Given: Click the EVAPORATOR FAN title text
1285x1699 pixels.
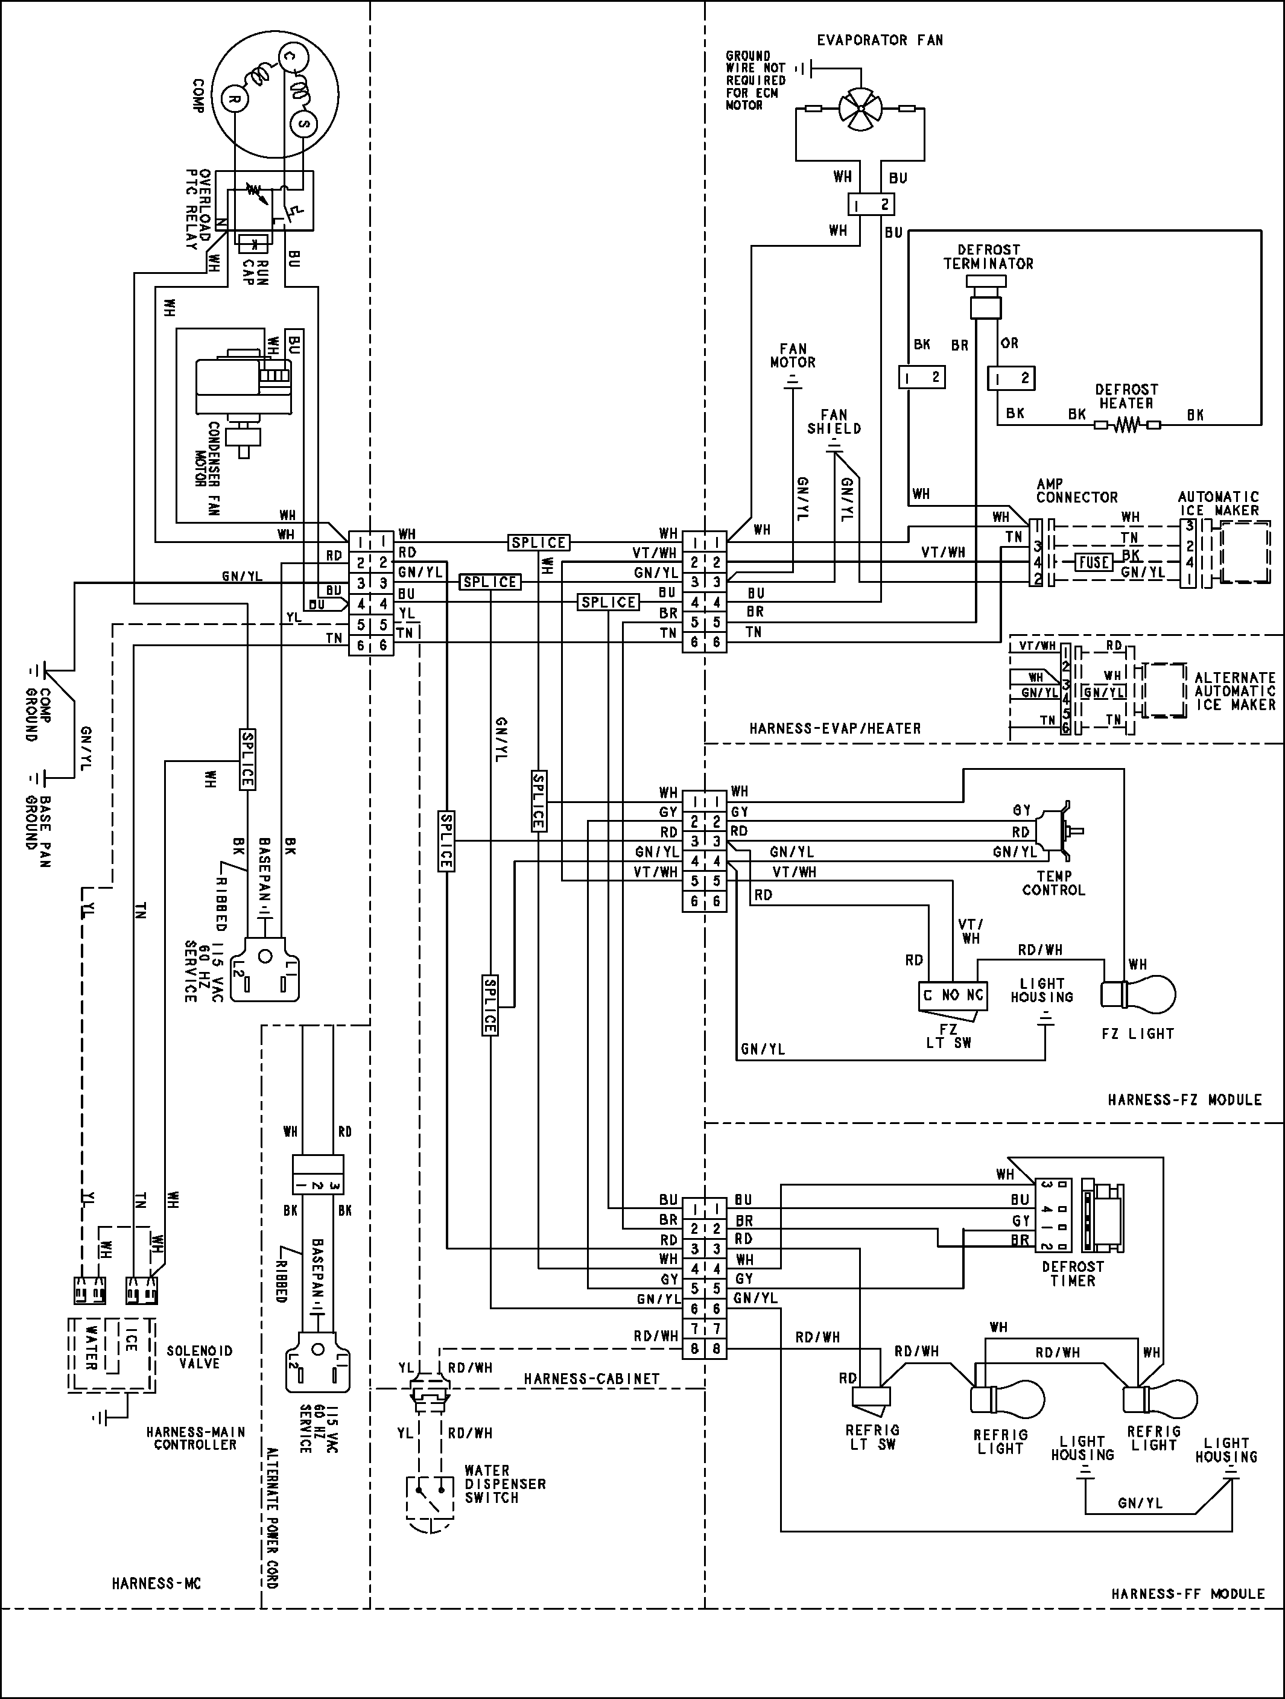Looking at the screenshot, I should click(x=880, y=40).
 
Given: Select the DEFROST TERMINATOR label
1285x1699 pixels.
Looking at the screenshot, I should click(x=989, y=256).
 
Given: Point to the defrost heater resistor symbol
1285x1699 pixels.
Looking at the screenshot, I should click(x=1127, y=425).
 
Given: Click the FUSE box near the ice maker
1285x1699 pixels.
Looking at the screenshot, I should click(x=1094, y=562).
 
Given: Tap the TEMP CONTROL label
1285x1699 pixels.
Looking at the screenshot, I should click(x=1053, y=883).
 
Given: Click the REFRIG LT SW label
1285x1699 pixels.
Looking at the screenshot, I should click(x=872, y=1437).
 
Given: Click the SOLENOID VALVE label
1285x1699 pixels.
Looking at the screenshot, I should click(x=200, y=1357).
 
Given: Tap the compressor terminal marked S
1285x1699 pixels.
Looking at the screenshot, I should click(x=303, y=123).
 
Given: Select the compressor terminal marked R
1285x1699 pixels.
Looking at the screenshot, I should click(x=235, y=98).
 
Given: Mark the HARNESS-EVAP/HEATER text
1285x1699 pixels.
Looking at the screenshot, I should click(x=835, y=728).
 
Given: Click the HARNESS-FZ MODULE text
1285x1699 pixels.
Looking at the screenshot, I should click(x=1184, y=1100).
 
